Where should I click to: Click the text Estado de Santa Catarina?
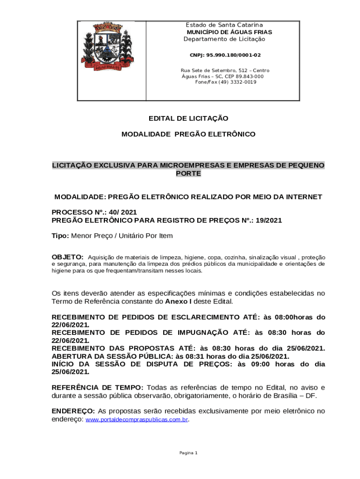224,25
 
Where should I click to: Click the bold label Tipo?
60,236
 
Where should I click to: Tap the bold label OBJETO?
67,257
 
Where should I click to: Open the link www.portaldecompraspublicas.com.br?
137,420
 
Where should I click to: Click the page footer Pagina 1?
188,453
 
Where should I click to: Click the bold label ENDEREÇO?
73,411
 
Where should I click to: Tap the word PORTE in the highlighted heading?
188,174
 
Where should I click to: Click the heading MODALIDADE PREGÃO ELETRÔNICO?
188,134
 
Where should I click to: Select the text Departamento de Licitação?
224,39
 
